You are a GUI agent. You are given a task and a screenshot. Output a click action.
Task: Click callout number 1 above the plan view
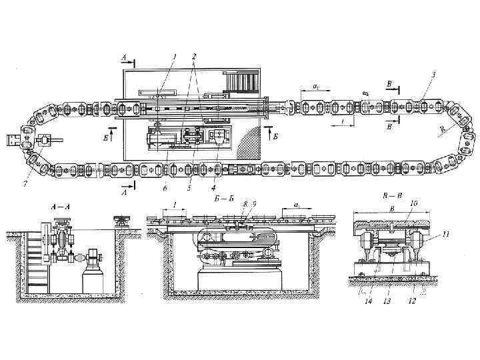(x=175, y=55)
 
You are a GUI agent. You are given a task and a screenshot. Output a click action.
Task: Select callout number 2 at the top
(x=193, y=55)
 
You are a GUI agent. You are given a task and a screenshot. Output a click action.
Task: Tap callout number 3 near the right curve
(x=434, y=75)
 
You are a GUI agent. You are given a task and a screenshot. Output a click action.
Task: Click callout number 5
(x=189, y=188)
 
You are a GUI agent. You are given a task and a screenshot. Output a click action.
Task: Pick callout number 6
(x=164, y=188)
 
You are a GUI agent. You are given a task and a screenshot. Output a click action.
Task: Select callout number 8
(x=245, y=203)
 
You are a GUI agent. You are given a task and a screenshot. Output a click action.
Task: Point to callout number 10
(x=414, y=203)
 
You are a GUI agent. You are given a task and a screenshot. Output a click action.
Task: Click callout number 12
(x=412, y=301)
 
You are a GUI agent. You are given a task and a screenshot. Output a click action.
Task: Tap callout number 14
(x=367, y=301)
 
